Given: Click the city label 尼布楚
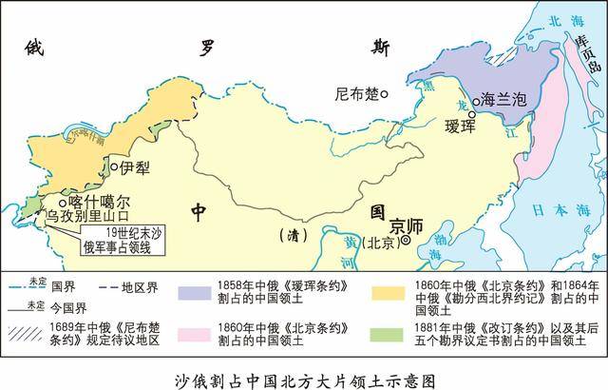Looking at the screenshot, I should point(355,95).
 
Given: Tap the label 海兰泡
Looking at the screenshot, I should point(499,98).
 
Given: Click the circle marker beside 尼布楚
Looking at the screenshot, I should point(384,94).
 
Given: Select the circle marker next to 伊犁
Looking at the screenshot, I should point(114,168).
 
